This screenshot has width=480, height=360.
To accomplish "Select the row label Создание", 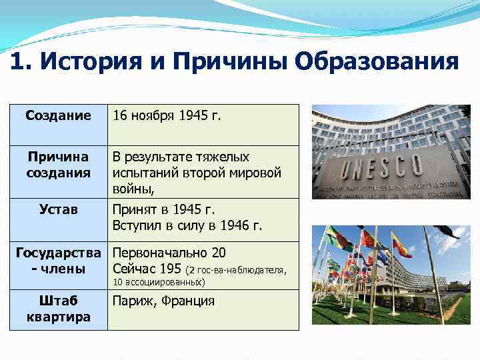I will click(x=58, y=115).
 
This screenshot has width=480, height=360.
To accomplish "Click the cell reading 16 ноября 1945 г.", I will click(x=167, y=115).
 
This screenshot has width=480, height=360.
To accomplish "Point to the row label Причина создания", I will click(x=58, y=165).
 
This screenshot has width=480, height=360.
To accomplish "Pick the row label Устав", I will click(x=59, y=209).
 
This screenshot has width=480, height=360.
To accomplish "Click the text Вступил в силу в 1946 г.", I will click(x=188, y=225).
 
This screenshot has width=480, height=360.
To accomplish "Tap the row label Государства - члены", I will click(x=58, y=261).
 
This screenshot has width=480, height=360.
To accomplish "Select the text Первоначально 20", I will click(x=169, y=253).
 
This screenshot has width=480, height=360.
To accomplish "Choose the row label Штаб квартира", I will click(x=58, y=309).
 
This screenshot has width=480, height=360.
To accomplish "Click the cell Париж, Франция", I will click(x=164, y=301).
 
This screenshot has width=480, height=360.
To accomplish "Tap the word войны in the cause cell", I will click(x=133, y=189).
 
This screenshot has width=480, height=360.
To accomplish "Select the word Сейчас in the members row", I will click(x=133, y=269).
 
